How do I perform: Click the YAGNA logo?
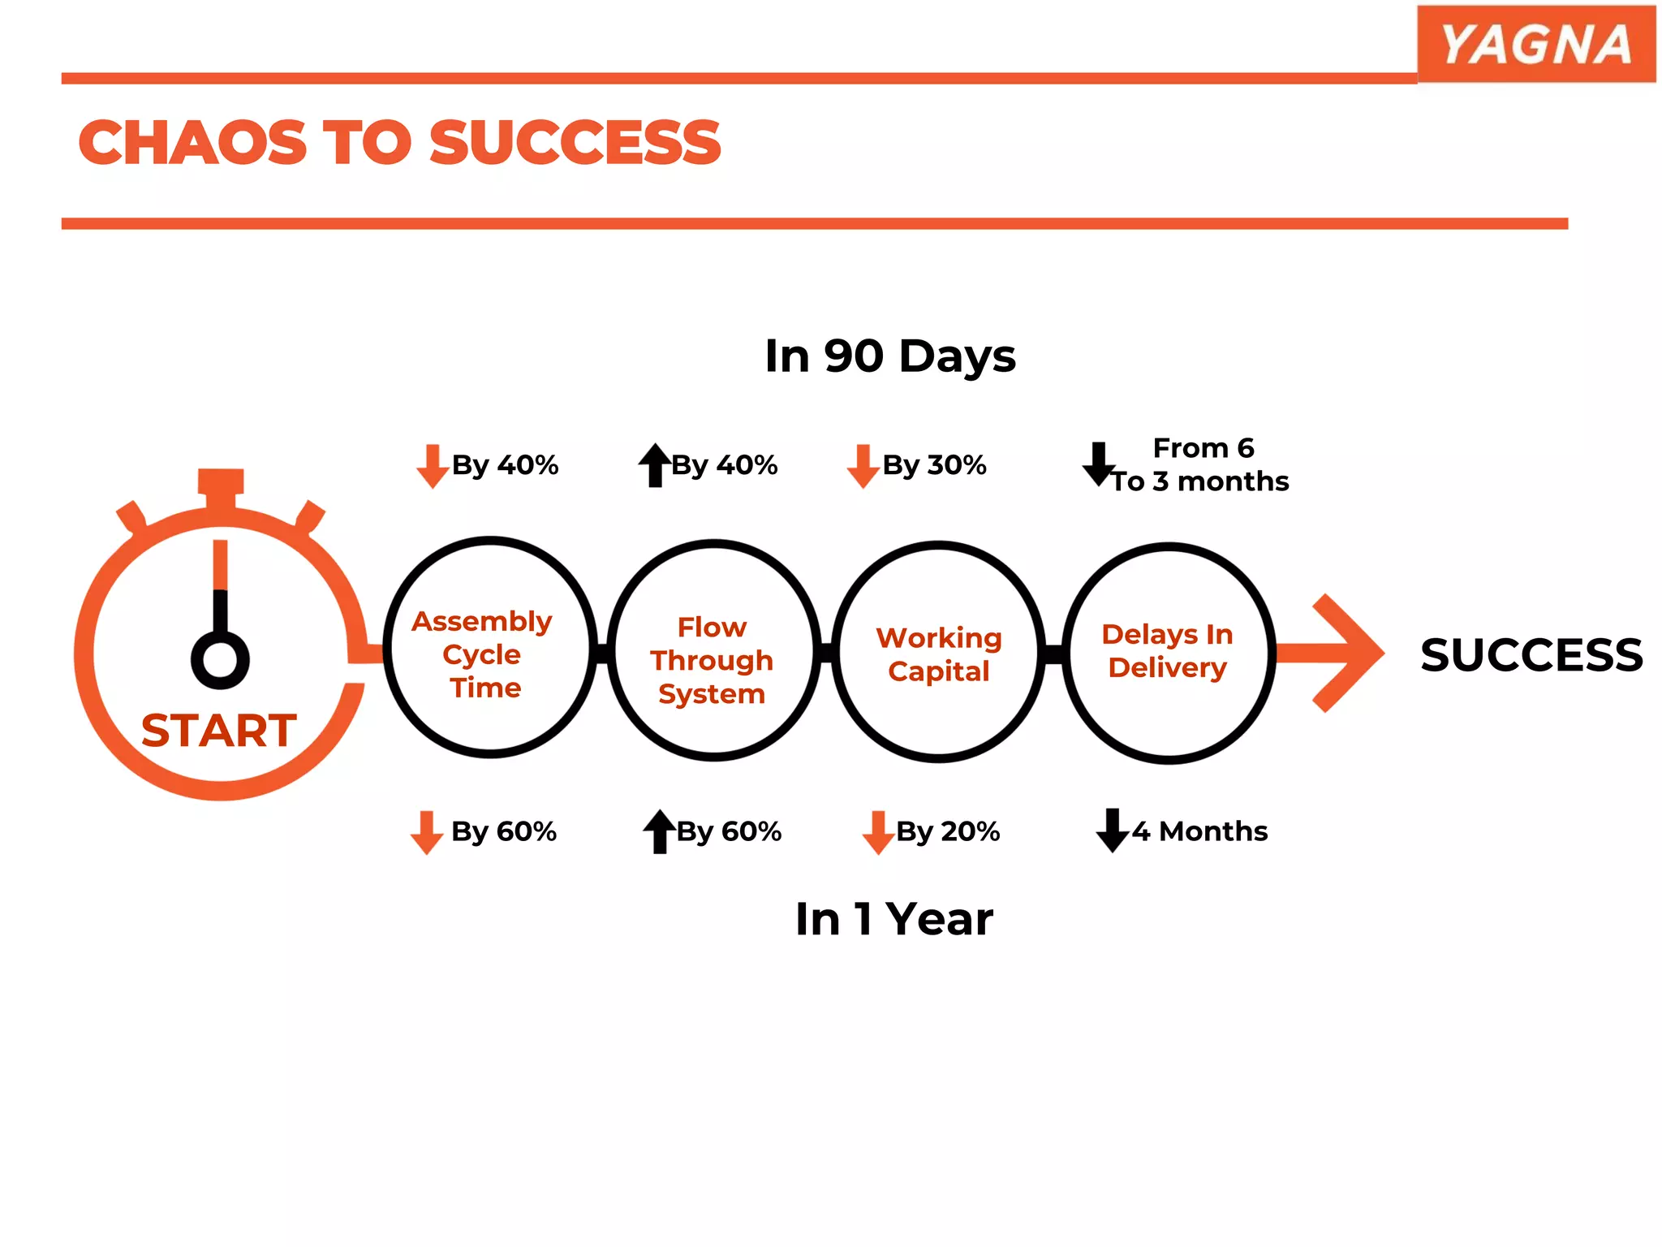[1535, 44]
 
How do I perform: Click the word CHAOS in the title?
[192, 143]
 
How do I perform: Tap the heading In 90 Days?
[889, 356]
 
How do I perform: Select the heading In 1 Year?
[893, 919]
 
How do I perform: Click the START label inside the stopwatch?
[218, 730]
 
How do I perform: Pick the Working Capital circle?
[938, 653]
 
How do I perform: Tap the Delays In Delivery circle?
[1168, 653]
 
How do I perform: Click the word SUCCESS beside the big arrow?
[1531, 654]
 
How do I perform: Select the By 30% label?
[934, 465]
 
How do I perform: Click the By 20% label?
[948, 831]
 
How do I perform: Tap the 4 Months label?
[1199, 831]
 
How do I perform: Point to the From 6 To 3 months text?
[1201, 465]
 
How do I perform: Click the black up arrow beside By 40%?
[654, 465]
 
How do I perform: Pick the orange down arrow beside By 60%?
[426, 832]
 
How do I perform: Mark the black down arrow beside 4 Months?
[1112, 831]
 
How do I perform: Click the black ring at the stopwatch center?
[220, 659]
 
